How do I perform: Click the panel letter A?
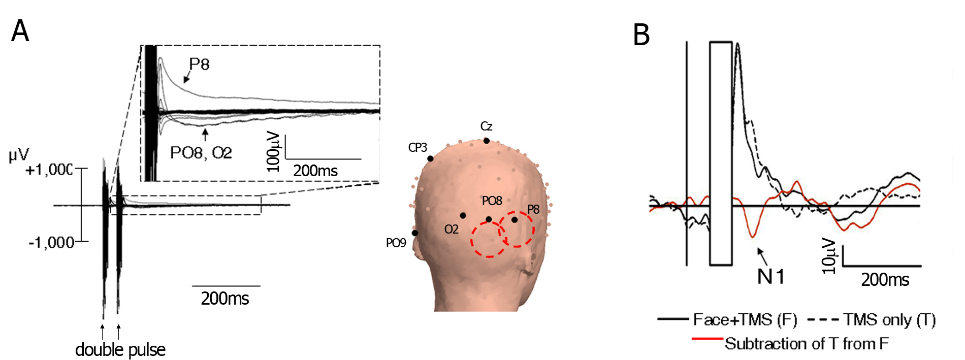click(20, 31)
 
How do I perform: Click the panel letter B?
click(641, 35)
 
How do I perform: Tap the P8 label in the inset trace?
click(199, 64)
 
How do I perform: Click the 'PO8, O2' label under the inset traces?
click(201, 152)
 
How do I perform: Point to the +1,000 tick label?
click(49, 170)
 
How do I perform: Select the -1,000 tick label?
click(51, 242)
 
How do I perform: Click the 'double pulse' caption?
click(120, 350)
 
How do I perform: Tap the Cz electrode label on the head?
click(486, 126)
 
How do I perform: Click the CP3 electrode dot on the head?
click(430, 159)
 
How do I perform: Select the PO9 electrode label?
click(396, 243)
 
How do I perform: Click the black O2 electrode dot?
click(463, 216)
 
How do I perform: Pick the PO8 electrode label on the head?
click(492, 201)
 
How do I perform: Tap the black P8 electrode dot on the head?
click(514, 220)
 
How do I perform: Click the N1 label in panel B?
click(771, 277)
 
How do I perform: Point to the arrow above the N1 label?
click(762, 256)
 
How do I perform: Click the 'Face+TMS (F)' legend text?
click(745, 319)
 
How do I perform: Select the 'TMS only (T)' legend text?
click(889, 319)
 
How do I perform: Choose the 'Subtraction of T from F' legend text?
click(807, 344)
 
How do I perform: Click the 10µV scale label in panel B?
click(829, 256)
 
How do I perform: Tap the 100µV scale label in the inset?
click(274, 151)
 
